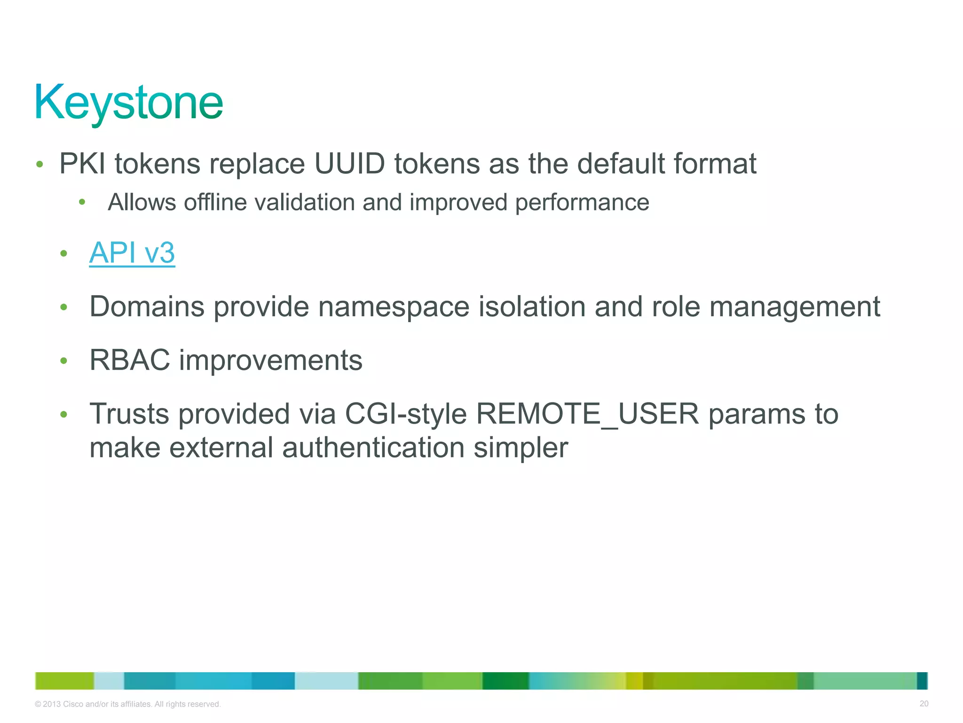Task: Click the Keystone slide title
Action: click(x=128, y=103)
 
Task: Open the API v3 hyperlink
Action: click(x=132, y=253)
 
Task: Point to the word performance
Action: click(x=582, y=202)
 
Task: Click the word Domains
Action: click(x=147, y=307)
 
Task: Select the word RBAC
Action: click(x=129, y=361)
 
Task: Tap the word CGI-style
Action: click(x=406, y=414)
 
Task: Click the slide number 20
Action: click(x=924, y=704)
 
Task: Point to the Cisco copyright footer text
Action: click(x=127, y=704)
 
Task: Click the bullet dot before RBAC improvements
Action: click(x=64, y=361)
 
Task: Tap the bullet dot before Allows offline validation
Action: click(x=82, y=202)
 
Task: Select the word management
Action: click(x=794, y=307)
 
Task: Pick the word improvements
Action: click(x=270, y=361)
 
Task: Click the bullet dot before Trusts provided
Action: click(x=64, y=415)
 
